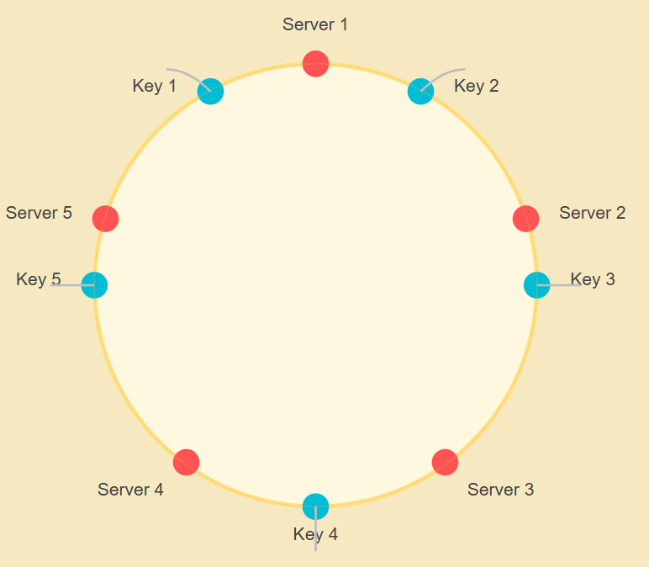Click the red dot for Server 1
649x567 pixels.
(x=315, y=63)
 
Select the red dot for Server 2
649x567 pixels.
(x=525, y=218)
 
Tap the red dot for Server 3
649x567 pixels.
(x=445, y=462)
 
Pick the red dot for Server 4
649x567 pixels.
(x=186, y=462)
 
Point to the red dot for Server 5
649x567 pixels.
(x=105, y=218)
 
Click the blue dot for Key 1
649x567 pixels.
(x=210, y=91)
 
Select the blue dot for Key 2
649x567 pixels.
(x=420, y=91)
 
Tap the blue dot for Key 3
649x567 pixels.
(x=536, y=285)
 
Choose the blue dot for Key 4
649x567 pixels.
(x=315, y=506)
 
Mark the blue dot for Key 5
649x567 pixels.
(x=94, y=285)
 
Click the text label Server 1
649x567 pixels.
(x=315, y=24)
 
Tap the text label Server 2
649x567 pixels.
(x=593, y=213)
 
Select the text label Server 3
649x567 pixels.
(x=501, y=490)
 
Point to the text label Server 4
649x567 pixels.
(x=130, y=490)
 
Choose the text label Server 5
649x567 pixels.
(x=39, y=213)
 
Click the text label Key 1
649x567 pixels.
(x=155, y=86)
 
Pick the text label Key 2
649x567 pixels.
(x=477, y=86)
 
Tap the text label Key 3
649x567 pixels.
(x=593, y=279)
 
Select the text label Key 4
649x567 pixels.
(x=315, y=534)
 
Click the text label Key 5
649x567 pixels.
(x=39, y=279)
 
